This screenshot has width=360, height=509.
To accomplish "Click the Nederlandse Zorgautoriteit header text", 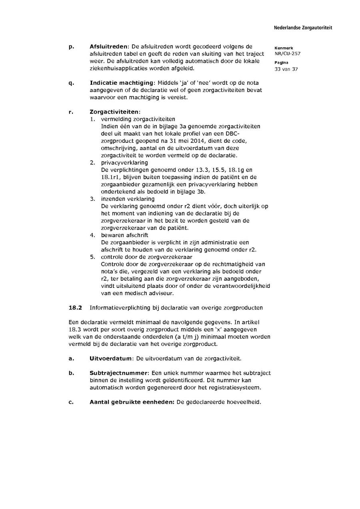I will pyautogui.click(x=303, y=28).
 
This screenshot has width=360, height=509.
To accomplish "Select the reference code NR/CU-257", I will pyautogui.click(x=287, y=54).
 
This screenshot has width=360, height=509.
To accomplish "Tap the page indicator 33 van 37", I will pyautogui.click(x=286, y=69).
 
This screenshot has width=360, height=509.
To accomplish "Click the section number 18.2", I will pyautogui.click(x=75, y=307).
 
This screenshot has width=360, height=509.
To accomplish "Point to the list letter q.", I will pyautogui.click(x=71, y=83).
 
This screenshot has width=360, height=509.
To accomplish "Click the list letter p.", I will pyautogui.click(x=71, y=47).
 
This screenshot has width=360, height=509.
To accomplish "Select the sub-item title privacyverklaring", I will pyautogui.click(x=124, y=163).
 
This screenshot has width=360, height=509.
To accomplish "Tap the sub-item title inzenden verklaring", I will pyautogui.click(x=128, y=199).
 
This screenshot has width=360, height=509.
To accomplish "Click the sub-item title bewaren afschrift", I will pyautogui.click(x=124, y=235).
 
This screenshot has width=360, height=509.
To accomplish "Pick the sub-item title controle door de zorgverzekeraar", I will pyautogui.click(x=146, y=257).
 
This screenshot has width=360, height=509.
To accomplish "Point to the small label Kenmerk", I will pyautogui.click(x=284, y=48).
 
